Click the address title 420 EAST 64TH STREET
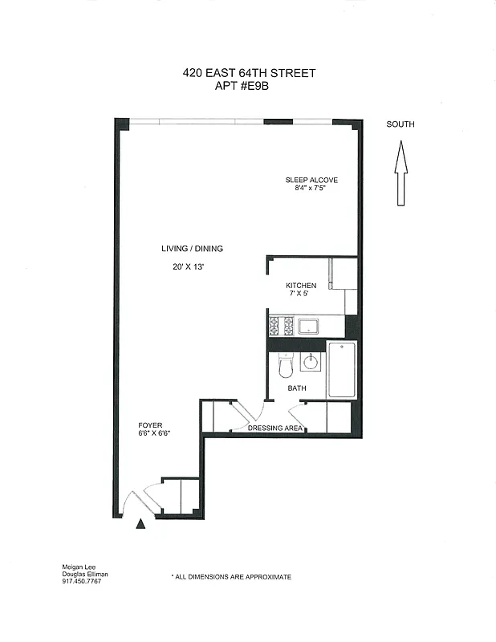click(249, 73)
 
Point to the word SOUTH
click(400, 124)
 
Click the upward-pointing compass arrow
click(400, 172)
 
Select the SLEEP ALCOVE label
click(311, 180)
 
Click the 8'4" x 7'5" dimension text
click(311, 189)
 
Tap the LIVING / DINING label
click(192, 249)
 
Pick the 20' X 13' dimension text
click(189, 267)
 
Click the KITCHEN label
click(301, 286)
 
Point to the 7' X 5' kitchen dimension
click(300, 295)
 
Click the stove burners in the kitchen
click(281, 326)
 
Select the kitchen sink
click(309, 326)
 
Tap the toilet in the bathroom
click(284, 367)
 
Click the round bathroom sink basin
click(310, 363)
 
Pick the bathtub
click(341, 369)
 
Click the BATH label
click(297, 388)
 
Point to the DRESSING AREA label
click(274, 429)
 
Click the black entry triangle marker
click(141, 524)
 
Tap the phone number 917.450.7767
click(82, 581)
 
